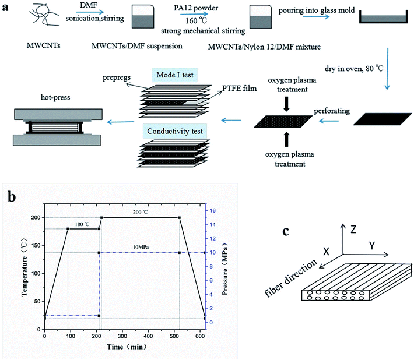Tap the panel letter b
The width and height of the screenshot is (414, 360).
10,196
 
